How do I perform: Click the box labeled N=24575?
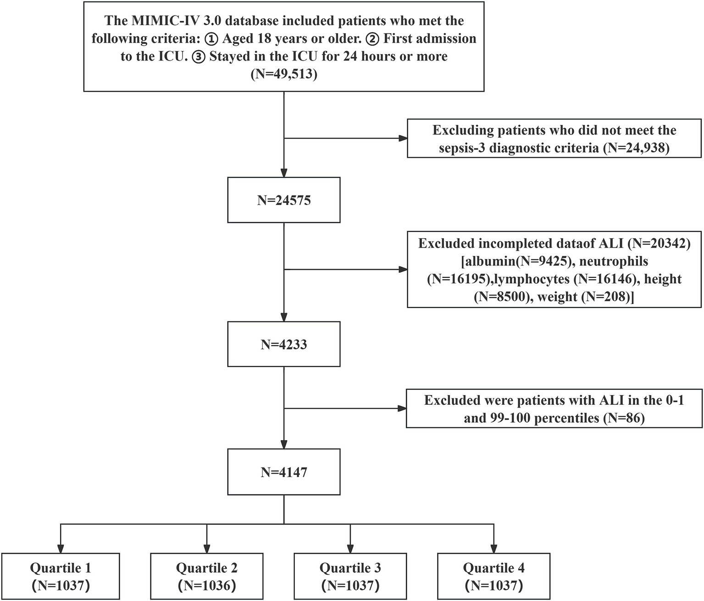tap(284, 200)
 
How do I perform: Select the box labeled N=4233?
tap(284, 344)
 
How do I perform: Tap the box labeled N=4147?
tap(284, 472)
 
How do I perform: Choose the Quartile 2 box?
tap(207, 576)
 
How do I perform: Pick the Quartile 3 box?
tap(350, 576)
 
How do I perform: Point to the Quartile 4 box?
tap(493, 576)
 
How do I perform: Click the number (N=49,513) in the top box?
tap(284, 74)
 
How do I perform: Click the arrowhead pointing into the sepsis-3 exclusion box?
tap(403, 138)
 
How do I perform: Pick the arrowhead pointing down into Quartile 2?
tap(207, 548)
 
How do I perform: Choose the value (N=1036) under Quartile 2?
tap(207, 585)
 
